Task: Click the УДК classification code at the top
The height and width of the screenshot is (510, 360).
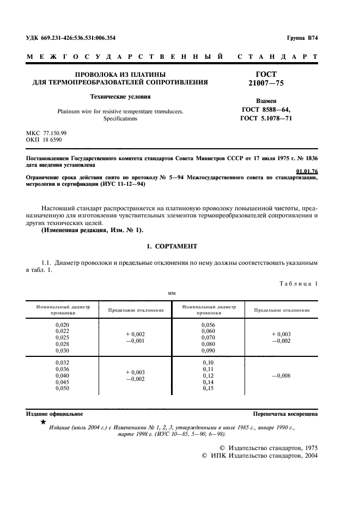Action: click(71, 38)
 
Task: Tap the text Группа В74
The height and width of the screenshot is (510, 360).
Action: click(302, 38)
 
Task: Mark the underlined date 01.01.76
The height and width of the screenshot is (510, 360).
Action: click(307, 172)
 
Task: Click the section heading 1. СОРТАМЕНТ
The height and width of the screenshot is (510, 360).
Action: click(172, 247)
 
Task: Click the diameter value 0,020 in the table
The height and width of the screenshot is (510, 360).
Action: click(63, 324)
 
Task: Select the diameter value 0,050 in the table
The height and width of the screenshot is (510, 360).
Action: click(63, 388)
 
